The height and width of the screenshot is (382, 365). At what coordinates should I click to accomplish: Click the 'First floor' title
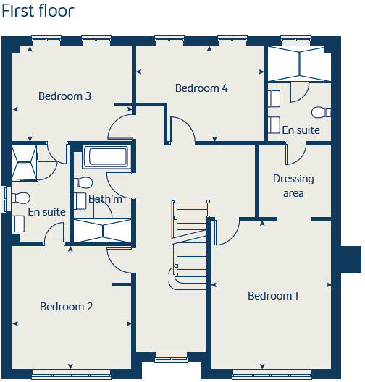[x=37, y=12]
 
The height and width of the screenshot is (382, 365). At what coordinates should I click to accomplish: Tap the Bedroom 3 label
[x=64, y=95]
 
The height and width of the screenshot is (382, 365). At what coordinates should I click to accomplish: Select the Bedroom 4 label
[x=201, y=88]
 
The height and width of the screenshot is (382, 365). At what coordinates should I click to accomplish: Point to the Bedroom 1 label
[x=273, y=295]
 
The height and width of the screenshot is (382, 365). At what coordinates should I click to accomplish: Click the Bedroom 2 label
[x=66, y=307]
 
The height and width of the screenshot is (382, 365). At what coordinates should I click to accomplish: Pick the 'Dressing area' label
[x=293, y=186]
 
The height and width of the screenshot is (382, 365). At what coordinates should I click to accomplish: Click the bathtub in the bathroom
[x=106, y=157]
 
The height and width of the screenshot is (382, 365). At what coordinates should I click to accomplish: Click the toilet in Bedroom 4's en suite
[x=321, y=112]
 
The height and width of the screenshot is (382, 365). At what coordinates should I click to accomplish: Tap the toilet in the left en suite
[x=20, y=197]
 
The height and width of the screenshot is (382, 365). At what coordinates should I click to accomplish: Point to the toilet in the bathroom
[x=84, y=182]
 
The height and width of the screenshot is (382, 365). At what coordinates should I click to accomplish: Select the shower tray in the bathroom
[x=102, y=231]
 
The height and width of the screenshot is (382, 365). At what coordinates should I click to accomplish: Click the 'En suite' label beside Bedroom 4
[x=301, y=130]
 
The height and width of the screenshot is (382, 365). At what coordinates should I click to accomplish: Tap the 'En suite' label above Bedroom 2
[x=46, y=212]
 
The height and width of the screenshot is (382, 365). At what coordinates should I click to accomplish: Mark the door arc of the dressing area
[x=296, y=154]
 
